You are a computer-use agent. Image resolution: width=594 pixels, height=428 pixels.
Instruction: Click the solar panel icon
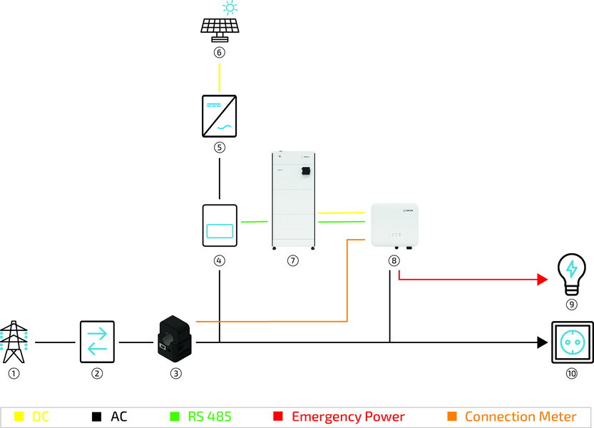click(x=219, y=27)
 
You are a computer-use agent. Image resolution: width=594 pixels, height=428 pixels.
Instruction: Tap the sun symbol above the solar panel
click(x=230, y=8)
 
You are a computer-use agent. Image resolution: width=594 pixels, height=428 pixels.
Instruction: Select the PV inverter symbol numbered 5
click(x=220, y=115)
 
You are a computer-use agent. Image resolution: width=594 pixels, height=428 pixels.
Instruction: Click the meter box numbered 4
click(x=220, y=226)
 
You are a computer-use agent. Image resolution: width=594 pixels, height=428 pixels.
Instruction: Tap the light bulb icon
click(x=571, y=276)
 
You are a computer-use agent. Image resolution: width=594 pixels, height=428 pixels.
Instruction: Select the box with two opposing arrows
click(x=97, y=342)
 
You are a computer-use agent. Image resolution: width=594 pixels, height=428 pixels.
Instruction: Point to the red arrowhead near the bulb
click(x=541, y=280)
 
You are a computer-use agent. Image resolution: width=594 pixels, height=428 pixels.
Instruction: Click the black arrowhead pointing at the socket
click(x=541, y=342)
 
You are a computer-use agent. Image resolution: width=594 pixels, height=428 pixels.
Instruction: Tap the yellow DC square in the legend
click(x=19, y=417)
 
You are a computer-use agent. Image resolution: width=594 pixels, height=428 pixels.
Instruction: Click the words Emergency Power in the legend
click(x=348, y=417)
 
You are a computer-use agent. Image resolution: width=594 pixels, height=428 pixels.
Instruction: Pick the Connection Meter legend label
click(x=520, y=417)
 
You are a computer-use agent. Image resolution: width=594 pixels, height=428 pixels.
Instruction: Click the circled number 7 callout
click(x=292, y=261)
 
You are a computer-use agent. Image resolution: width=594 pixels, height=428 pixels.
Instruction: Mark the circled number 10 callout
click(x=571, y=373)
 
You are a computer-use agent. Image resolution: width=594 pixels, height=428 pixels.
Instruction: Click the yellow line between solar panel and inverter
click(x=220, y=74)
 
